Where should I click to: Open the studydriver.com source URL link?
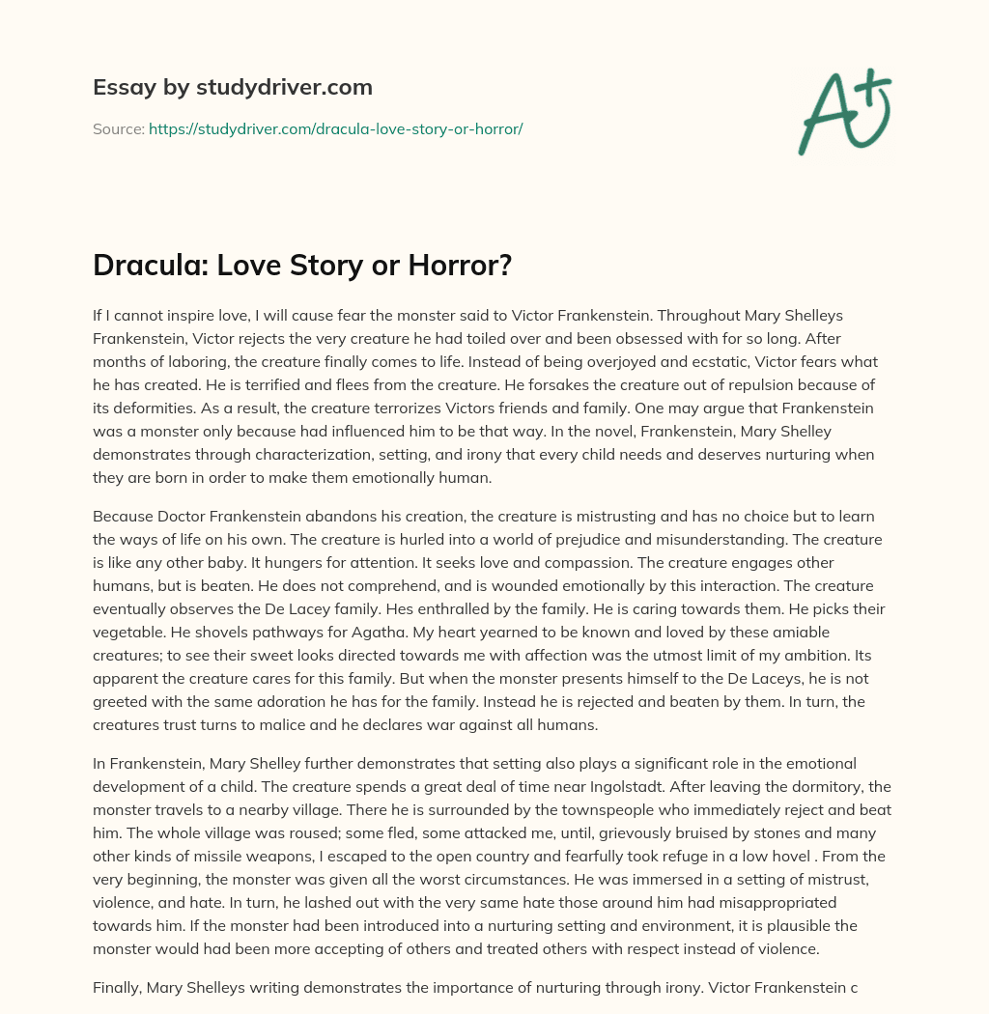coord(335,128)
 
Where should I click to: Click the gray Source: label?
coord(119,128)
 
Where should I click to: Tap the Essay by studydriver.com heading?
coord(233,87)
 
